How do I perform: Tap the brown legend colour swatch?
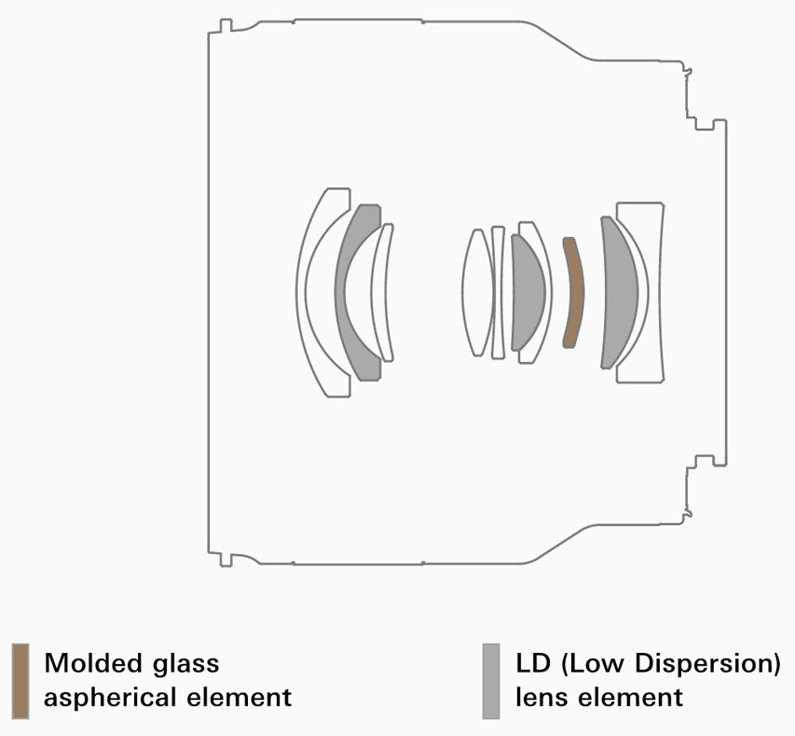click(21, 681)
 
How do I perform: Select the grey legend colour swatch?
click(491, 681)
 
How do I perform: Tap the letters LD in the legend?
click(533, 663)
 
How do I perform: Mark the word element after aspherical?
click(240, 698)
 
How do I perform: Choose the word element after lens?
click(631, 698)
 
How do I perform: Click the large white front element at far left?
click(302, 292)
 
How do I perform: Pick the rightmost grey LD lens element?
click(620, 292)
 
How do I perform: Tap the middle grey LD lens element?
click(528, 292)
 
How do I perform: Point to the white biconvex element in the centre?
click(477, 292)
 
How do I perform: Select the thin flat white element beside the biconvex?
click(498, 292)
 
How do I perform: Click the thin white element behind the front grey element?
click(377, 292)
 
